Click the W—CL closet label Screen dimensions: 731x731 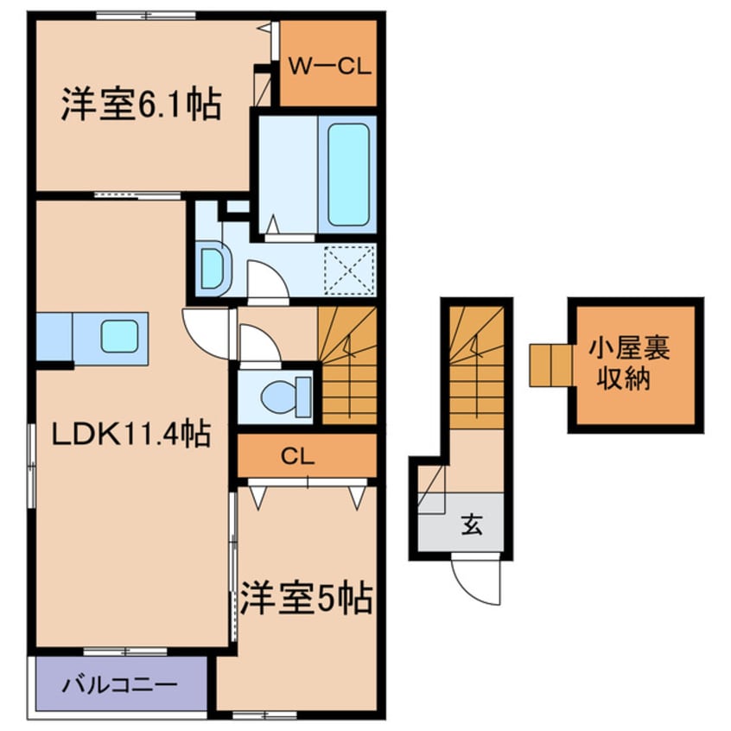pos(329,67)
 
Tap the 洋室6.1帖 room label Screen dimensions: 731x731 pos(141,105)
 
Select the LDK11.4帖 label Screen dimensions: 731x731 pos(131,434)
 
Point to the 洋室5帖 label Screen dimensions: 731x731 pos(306,597)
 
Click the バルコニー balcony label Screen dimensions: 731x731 pos(121,685)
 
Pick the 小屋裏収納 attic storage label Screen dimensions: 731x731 pos(629,364)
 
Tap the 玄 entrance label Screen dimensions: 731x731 pos(472,524)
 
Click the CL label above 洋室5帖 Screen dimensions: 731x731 pos(298,457)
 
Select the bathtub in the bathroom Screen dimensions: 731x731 pos(348,175)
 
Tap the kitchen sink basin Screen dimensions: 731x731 pos(120,336)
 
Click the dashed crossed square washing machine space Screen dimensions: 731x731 pos(350,270)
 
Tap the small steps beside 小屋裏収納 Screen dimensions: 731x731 pos(551,365)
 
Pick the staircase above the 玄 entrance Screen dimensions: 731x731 pos(476,367)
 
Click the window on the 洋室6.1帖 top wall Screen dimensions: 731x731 pos(146,16)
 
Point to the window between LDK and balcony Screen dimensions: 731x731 pos(125,651)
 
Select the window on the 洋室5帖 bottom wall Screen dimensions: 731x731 pos(264,715)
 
